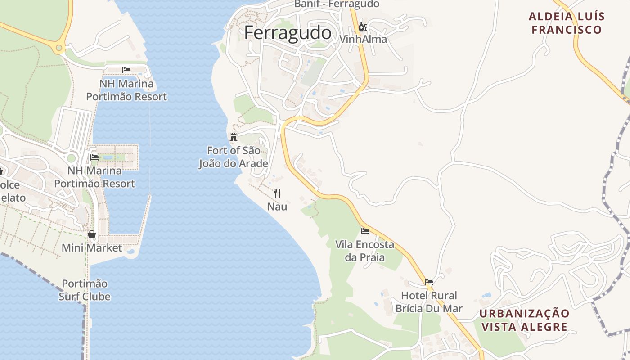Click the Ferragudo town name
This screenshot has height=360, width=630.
tap(288, 33)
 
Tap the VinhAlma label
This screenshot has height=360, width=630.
tap(363, 39)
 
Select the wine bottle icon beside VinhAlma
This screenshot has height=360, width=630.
tap(363, 26)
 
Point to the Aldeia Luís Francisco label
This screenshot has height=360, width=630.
tap(566, 23)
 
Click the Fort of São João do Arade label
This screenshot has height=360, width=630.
tap(234, 157)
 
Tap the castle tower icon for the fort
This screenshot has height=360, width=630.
tap(233, 137)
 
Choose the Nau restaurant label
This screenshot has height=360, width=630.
tap(277, 207)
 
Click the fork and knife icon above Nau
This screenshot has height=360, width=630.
tap(277, 193)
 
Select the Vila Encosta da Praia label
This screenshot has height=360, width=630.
tap(364, 251)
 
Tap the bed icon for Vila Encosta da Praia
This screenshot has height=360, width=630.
tap(365, 231)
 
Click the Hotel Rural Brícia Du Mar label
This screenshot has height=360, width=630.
tap(429, 302)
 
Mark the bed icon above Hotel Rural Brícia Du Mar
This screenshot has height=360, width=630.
tap(429, 282)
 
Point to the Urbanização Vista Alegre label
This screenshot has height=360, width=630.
tap(524, 320)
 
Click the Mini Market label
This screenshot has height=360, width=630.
tap(92, 248)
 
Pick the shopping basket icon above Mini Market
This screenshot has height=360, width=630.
tap(92, 234)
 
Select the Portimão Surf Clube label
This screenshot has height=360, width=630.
tap(85, 290)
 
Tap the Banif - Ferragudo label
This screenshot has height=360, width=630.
tap(337, 4)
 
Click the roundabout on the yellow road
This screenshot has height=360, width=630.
tap(58, 48)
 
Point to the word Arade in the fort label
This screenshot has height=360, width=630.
tap(254, 163)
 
